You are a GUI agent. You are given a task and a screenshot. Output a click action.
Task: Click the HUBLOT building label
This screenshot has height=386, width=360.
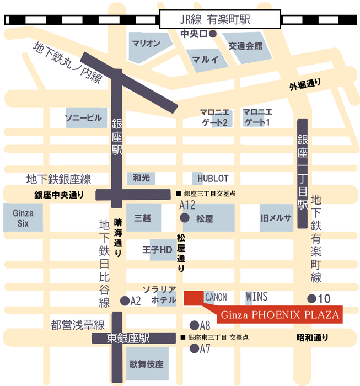point(210,178)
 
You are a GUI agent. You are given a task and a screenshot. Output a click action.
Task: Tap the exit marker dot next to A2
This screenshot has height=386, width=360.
point(123,301)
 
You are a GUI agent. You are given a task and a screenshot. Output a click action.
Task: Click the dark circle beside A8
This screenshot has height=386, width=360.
point(194,325)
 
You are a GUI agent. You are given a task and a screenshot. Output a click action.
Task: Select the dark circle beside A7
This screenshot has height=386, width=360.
point(194,348)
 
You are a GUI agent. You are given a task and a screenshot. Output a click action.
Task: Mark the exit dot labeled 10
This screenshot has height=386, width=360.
point(311,298)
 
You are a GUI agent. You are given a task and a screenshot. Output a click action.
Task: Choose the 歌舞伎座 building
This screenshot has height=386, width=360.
point(146,364)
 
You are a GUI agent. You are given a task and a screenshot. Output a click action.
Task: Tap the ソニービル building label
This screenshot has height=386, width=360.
point(83,118)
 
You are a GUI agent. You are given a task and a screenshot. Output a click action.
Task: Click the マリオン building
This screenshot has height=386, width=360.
point(146,44)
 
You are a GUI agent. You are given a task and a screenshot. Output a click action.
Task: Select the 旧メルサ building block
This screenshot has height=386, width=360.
point(276,218)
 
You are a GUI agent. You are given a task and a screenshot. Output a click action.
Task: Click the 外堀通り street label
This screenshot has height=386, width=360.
point(305,85)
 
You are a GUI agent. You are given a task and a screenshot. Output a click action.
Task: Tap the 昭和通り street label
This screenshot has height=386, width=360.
point(312,337)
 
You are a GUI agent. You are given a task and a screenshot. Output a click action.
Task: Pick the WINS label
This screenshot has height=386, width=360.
point(256,297)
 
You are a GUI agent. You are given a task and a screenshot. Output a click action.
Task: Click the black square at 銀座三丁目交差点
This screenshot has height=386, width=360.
point(178,194)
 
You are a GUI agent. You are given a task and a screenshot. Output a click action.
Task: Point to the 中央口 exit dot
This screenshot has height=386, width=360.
point(212,34)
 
